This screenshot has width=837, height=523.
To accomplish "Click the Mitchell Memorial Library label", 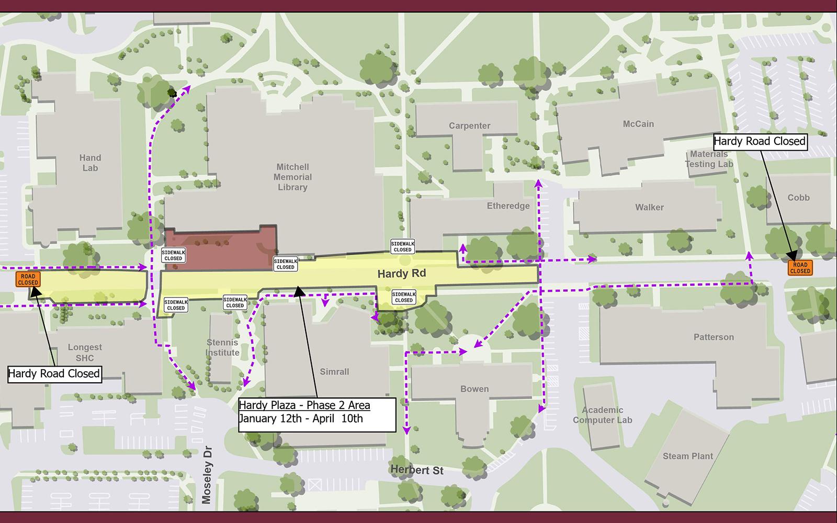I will click(292, 177).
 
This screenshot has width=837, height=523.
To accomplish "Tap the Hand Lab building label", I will click(90, 163).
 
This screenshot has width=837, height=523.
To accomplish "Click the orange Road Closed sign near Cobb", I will click(800, 268).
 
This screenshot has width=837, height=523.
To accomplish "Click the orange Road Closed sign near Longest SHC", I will click(28, 279).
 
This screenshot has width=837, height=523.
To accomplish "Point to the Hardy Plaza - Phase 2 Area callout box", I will click(316, 414).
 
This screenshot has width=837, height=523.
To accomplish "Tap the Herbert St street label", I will click(417, 470).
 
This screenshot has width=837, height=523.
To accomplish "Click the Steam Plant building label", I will click(687, 456).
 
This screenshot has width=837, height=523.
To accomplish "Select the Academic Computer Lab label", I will click(602, 415).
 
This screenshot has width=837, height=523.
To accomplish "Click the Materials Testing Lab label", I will click(709, 159).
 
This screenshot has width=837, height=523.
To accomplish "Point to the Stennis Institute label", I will click(222, 347).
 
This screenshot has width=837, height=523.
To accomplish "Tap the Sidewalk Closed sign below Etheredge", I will click(402, 247).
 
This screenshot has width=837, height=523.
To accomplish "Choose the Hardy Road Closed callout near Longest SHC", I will click(54, 373).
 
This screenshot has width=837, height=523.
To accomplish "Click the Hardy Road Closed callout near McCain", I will click(759, 141).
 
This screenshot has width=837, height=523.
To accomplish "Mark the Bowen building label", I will click(474, 389).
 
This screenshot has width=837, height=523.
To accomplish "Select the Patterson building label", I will click(714, 337).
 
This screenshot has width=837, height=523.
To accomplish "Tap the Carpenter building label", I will click(469, 126).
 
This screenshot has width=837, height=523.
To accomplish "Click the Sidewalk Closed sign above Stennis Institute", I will click(235, 302).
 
